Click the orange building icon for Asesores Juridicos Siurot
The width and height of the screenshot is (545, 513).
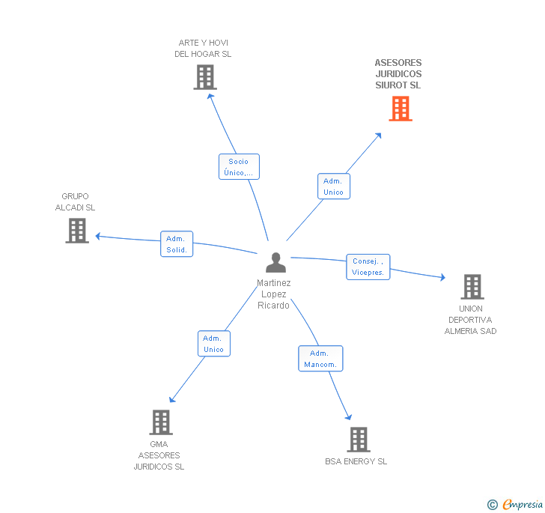(401, 109)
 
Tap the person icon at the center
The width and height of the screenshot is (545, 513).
(275, 263)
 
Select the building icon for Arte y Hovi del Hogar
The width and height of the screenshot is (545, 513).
(204, 77)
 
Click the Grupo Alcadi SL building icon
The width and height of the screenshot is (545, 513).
(76, 231)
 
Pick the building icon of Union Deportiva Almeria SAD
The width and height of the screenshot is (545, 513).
(472, 287)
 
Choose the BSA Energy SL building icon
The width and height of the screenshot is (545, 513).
(358, 440)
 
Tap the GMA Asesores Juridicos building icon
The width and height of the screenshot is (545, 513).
(160, 422)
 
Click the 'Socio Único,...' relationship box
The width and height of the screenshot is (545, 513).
(239, 167)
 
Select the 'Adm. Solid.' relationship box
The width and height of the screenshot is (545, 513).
(177, 244)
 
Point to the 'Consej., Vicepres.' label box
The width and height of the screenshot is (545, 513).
(368, 267)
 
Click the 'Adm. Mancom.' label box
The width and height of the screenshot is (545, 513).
(320, 359)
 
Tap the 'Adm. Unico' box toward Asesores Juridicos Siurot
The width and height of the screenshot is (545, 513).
(333, 186)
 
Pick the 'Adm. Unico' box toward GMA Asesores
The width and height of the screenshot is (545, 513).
(213, 344)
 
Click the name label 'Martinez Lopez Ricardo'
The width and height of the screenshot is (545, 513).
(274, 294)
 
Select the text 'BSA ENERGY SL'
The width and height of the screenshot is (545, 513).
(356, 461)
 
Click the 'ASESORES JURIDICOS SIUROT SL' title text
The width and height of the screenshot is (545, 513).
(398, 74)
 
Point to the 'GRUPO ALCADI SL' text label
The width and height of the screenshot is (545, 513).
(75, 202)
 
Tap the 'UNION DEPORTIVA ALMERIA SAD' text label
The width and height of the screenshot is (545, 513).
(471, 320)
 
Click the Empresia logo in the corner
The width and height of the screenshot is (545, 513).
(516, 505)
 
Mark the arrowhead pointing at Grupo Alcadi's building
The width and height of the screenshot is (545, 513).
(98, 237)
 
